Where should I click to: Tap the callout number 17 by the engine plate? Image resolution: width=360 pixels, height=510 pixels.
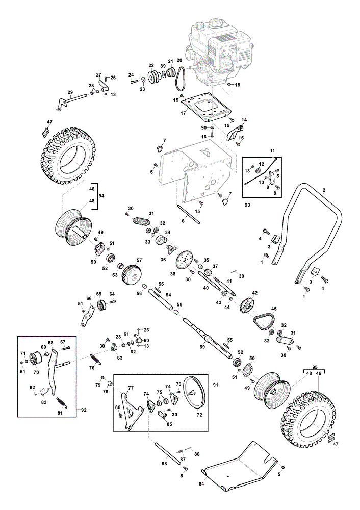tap(183, 113)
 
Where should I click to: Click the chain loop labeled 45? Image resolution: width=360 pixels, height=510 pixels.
tap(264, 319)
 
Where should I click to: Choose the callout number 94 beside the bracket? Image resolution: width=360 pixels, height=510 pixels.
tap(101, 196)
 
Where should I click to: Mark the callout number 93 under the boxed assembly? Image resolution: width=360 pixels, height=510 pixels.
tap(247, 205)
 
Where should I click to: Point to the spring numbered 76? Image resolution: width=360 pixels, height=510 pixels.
tap(95, 358)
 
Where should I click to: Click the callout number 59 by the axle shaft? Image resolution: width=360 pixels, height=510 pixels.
tap(202, 347)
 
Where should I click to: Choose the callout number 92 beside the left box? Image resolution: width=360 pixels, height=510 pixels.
tap(84, 410)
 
